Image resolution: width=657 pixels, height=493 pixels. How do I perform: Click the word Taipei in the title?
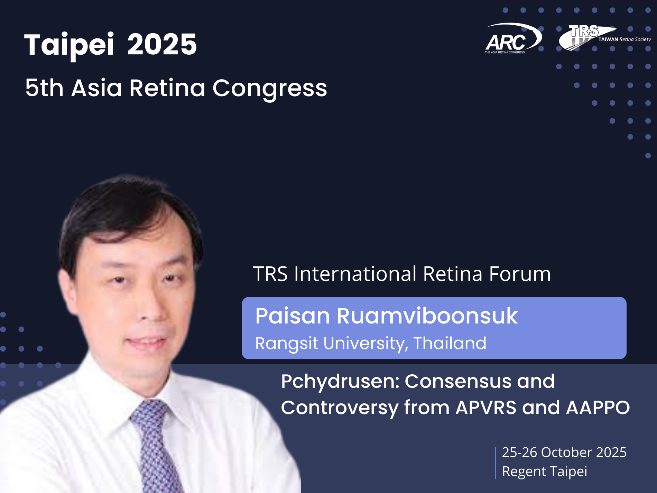[x=69, y=45]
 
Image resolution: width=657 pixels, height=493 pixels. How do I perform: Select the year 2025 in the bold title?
[x=162, y=44]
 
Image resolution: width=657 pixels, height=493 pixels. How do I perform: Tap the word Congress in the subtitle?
[x=270, y=89]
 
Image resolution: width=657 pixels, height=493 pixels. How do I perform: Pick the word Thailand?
[x=450, y=343]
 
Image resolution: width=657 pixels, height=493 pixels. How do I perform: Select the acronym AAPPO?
[x=598, y=408]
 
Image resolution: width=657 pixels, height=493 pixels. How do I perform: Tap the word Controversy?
[x=340, y=408]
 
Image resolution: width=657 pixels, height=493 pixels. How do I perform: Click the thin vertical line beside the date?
[x=495, y=463]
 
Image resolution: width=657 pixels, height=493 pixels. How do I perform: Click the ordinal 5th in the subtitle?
[x=44, y=88]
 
